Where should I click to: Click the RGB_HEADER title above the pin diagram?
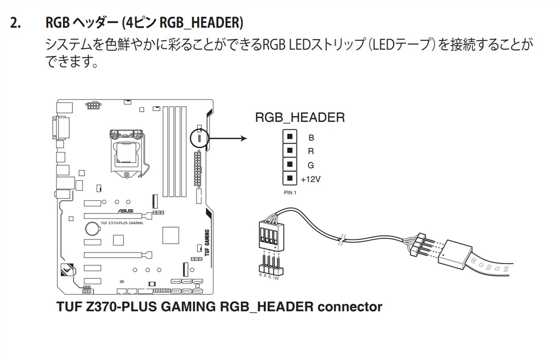coord(300,118)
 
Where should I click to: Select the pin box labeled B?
coord(290,137)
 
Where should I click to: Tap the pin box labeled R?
coord(290,150)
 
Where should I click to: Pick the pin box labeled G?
coord(290,164)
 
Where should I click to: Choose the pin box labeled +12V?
coord(290,178)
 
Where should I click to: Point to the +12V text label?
coord(311,179)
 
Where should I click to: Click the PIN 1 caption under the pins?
coord(290,192)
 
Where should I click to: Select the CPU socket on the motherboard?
coord(126,151)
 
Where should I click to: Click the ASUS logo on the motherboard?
coord(126,211)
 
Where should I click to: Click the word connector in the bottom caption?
coord(349,307)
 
